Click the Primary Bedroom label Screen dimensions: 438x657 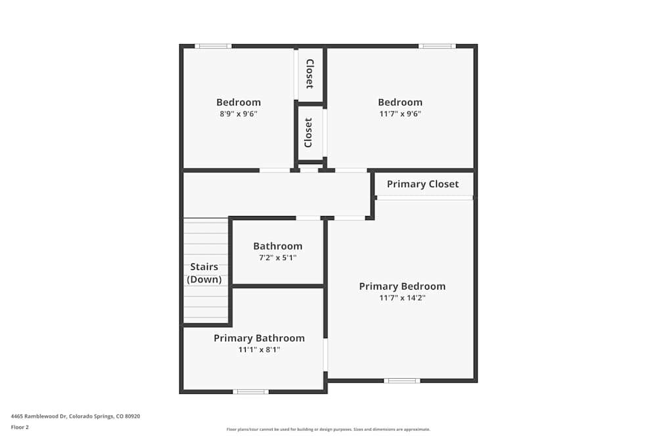coord(402,286)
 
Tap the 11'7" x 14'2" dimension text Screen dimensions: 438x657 coord(402,298)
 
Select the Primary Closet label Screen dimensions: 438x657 coord(422,184)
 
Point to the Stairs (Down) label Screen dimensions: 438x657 coord(204,273)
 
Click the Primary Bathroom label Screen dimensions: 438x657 coord(259,338)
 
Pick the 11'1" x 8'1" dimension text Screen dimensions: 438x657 coord(259,350)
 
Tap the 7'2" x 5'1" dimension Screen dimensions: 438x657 coord(277,258)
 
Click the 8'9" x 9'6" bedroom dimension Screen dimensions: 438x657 coord(238,114)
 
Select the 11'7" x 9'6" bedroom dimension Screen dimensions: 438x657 coord(399,114)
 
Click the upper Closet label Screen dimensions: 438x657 coord(309,74)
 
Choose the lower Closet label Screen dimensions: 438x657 coord(309,133)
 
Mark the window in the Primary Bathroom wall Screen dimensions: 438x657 coord(250,392)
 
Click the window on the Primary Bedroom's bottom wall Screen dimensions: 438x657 coord(402,381)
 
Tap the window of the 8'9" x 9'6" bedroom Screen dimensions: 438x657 coord(214,46)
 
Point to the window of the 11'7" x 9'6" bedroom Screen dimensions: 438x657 coord(437,46)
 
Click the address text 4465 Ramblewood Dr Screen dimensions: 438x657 coord(76,416)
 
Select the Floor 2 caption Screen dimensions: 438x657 coord(20,427)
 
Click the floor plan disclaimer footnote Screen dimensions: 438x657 coord(328,429)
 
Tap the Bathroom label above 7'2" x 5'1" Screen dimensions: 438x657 coord(277,246)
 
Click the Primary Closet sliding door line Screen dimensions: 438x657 coord(424,198)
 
